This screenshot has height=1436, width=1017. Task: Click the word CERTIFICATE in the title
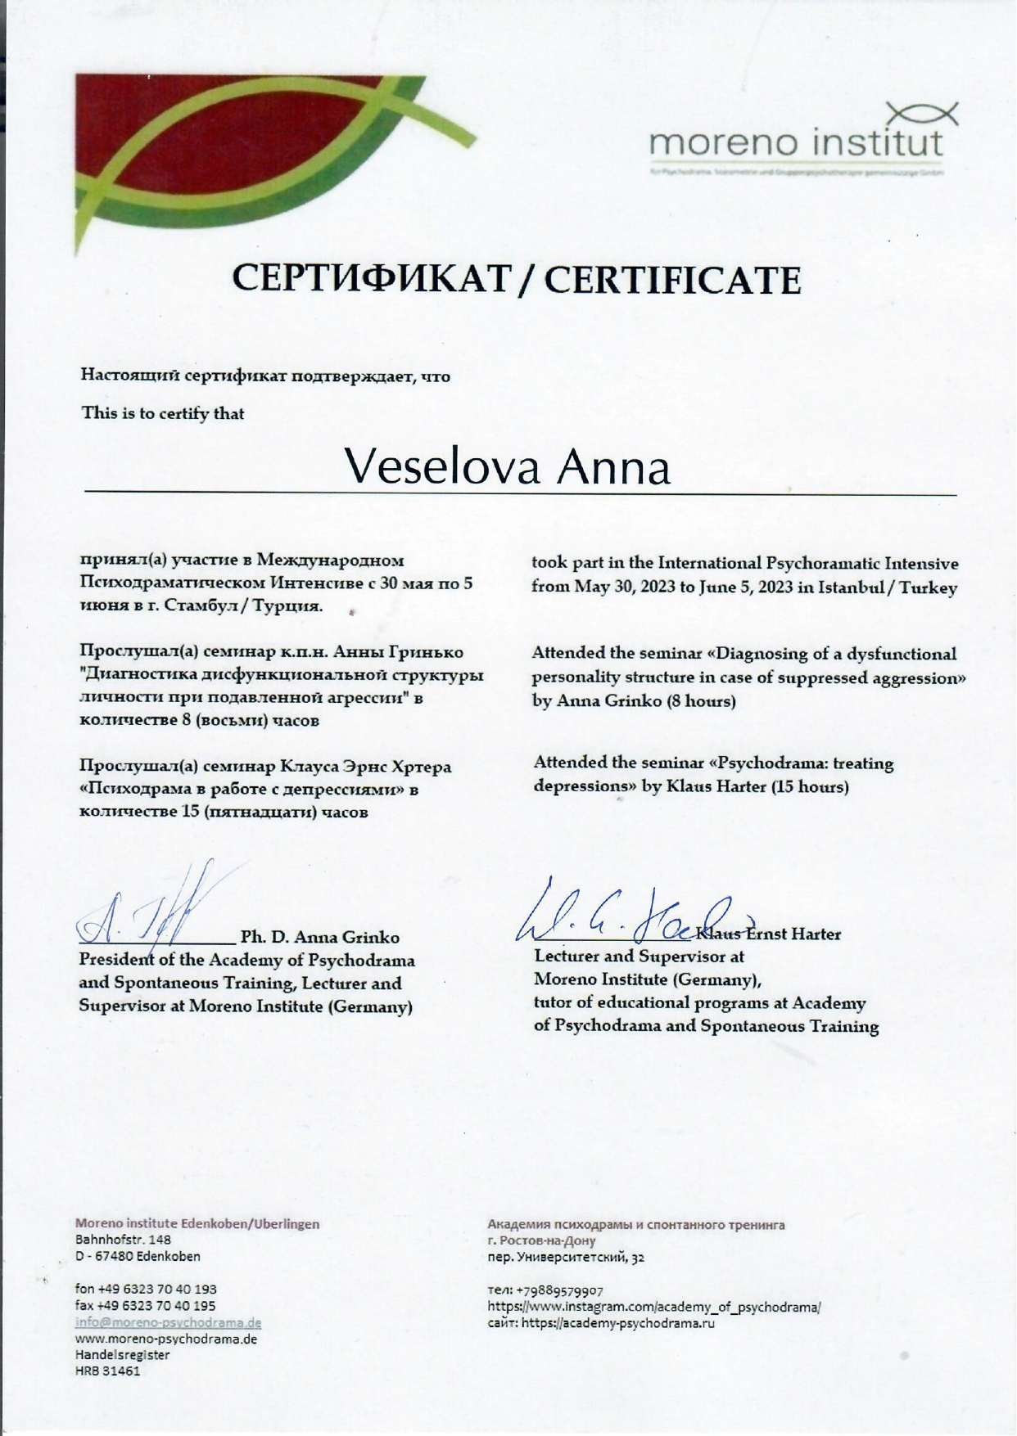pyautogui.click(x=672, y=281)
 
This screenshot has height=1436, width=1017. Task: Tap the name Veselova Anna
pyautogui.click(x=507, y=467)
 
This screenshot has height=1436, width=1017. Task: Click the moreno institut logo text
pyautogui.click(x=796, y=145)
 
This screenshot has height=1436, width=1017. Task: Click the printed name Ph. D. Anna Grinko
pyautogui.click(x=320, y=937)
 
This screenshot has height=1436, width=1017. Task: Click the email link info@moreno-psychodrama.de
pyautogui.click(x=168, y=1322)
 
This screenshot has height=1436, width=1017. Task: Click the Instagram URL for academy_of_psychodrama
pyautogui.click(x=654, y=1307)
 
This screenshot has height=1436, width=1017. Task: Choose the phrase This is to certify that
pyautogui.click(x=163, y=413)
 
